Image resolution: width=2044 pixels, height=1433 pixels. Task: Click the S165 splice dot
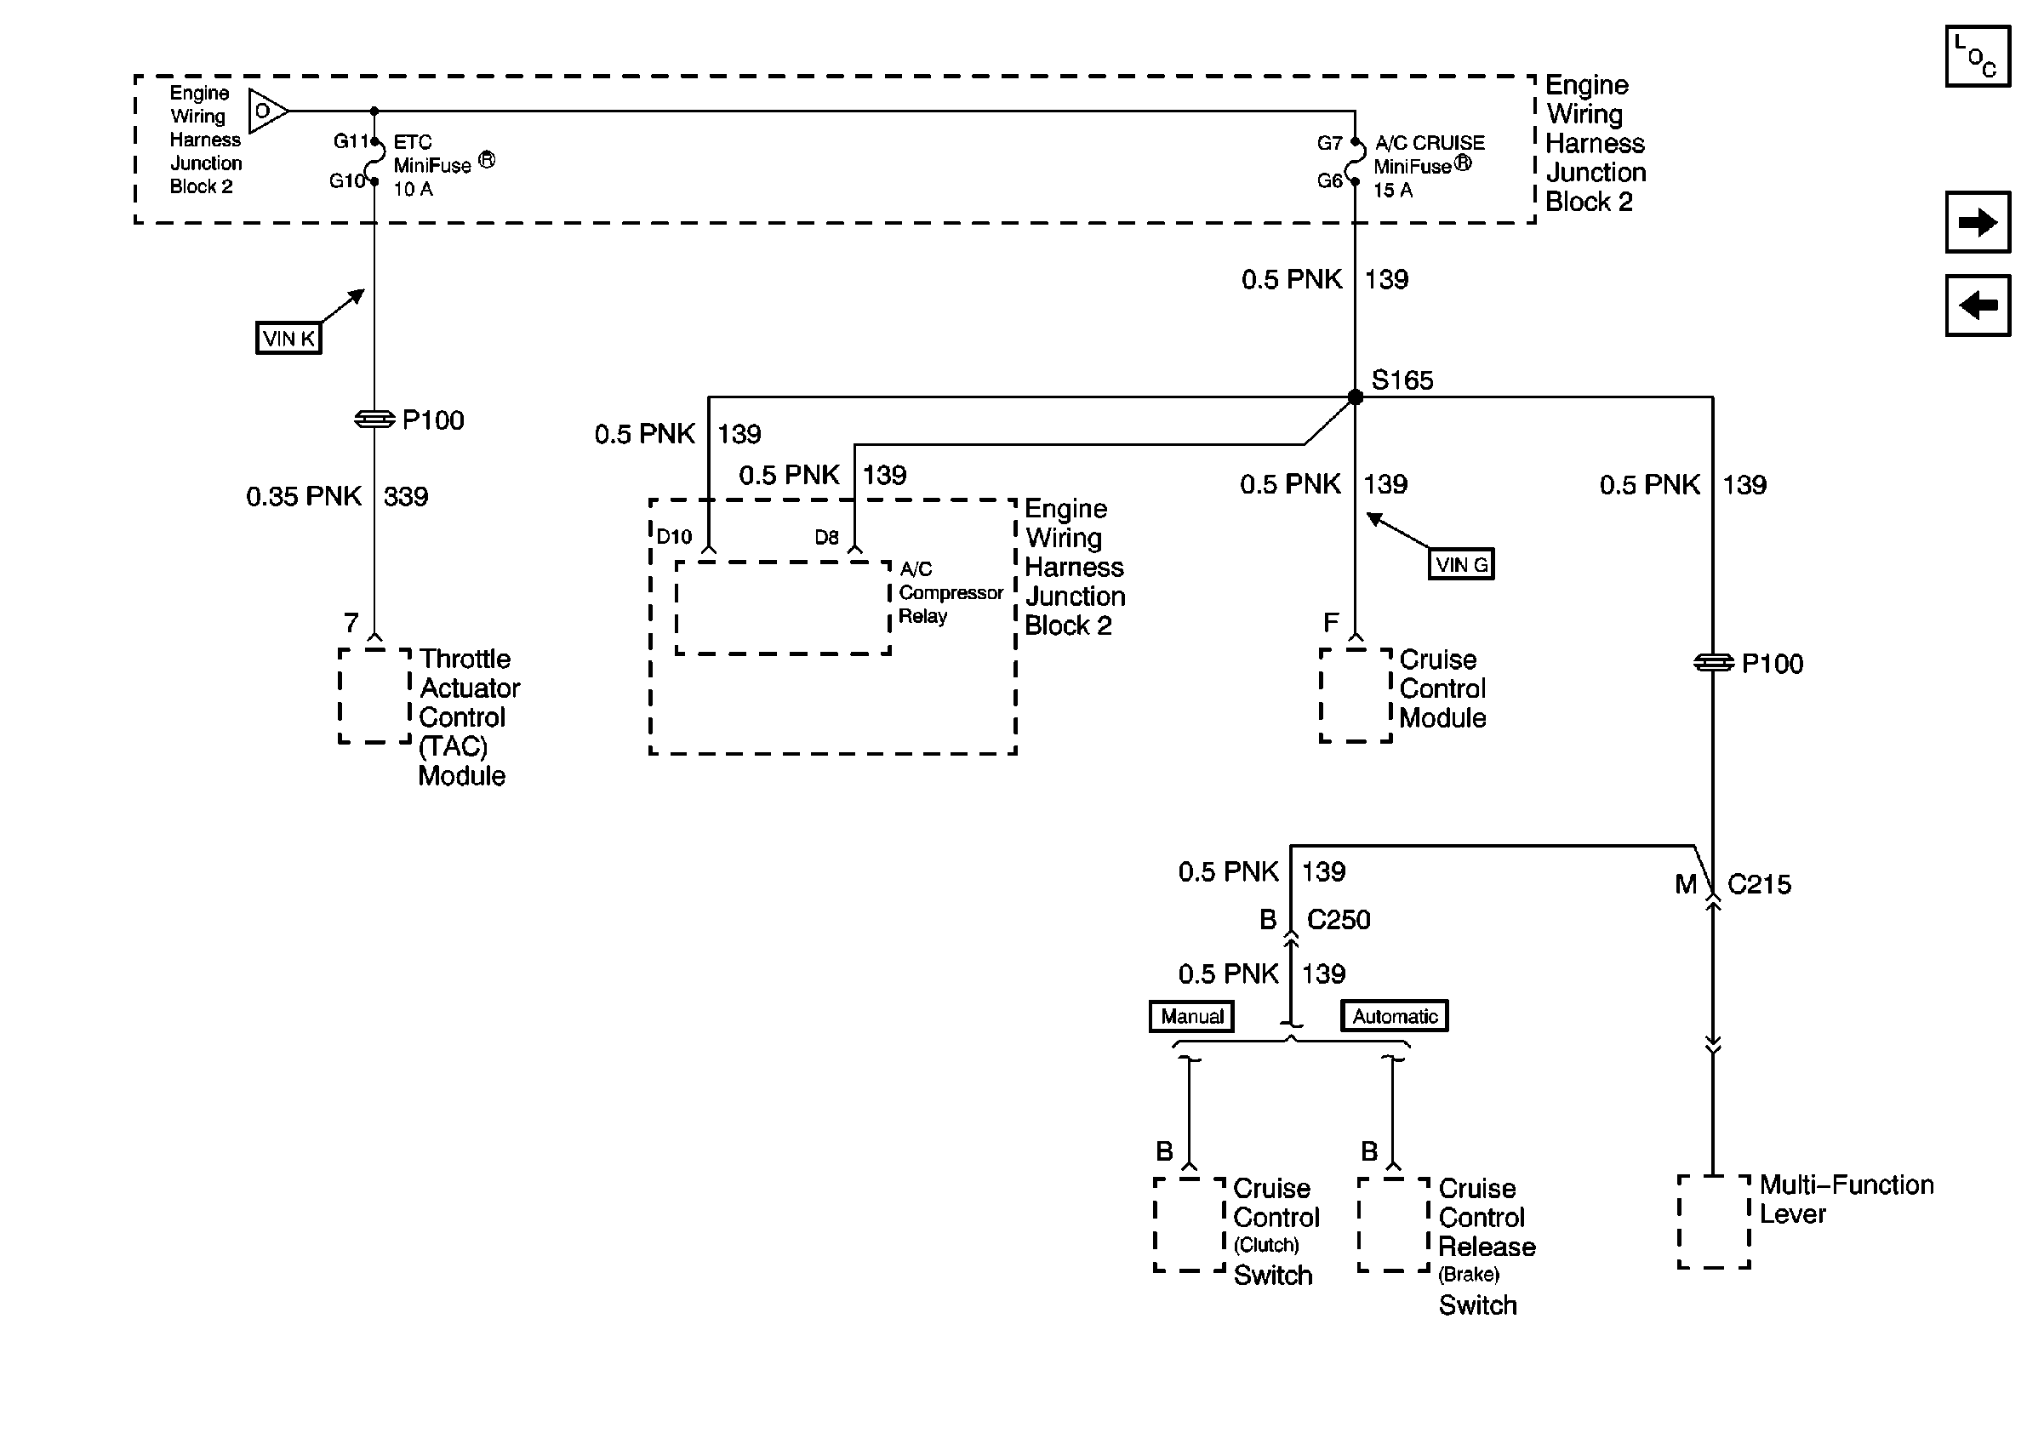[1354, 397]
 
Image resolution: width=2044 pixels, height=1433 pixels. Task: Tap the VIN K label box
[288, 338]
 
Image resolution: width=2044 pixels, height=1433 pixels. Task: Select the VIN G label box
[1461, 564]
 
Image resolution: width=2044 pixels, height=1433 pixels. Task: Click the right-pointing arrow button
[1978, 221]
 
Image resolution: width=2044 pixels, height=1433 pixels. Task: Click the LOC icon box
[1978, 56]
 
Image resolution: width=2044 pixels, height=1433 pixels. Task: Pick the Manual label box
[1191, 1016]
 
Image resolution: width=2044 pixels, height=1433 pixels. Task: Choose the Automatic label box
[1394, 1016]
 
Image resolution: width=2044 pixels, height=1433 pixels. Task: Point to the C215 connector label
[1758, 885]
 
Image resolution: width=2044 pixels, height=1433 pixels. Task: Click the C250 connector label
[1338, 919]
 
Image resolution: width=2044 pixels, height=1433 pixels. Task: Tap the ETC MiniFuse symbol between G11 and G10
[377, 161]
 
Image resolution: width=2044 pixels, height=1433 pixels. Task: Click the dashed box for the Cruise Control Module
[1355, 695]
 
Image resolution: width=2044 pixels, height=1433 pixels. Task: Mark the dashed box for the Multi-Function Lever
[1714, 1221]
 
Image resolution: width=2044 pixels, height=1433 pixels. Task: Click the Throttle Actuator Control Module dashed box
[374, 695]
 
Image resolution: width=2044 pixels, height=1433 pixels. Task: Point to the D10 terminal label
[674, 537]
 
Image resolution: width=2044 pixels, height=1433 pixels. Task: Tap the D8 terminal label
[826, 538]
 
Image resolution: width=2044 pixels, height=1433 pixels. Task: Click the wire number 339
[405, 497]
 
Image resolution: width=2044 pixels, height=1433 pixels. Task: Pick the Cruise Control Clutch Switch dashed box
[1190, 1225]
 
